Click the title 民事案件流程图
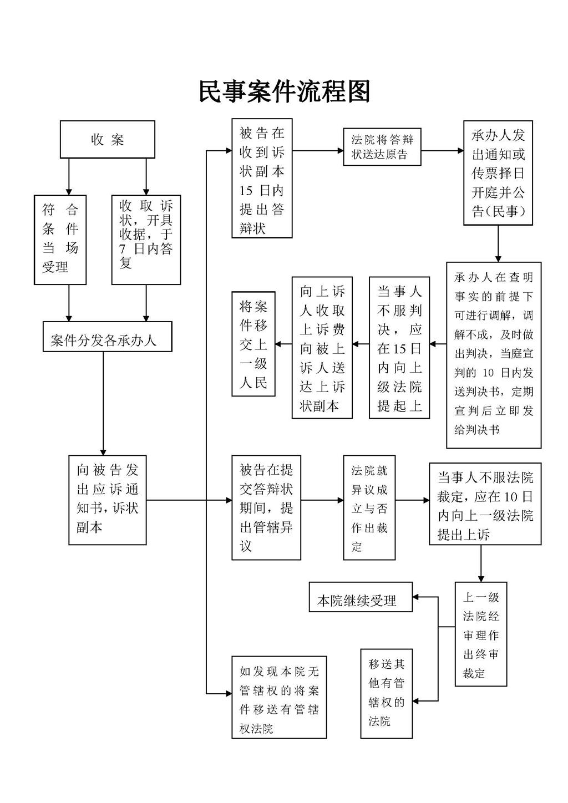(x=284, y=92)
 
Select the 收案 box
(x=107, y=140)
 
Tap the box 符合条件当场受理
(x=60, y=239)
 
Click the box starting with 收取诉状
(x=146, y=239)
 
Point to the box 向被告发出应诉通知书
(x=107, y=500)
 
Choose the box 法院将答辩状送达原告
(x=382, y=147)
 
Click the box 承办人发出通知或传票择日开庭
(x=498, y=172)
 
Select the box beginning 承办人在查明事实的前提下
(x=493, y=354)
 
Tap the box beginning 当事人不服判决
(x=399, y=348)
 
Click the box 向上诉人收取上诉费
(x=322, y=348)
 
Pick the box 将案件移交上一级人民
(x=253, y=344)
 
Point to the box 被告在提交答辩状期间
(x=266, y=507)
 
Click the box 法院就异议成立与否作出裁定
(x=369, y=507)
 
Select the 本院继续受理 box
(x=360, y=597)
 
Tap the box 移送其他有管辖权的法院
(x=386, y=693)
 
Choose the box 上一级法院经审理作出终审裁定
(x=480, y=634)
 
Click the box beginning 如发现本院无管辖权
(x=279, y=698)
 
